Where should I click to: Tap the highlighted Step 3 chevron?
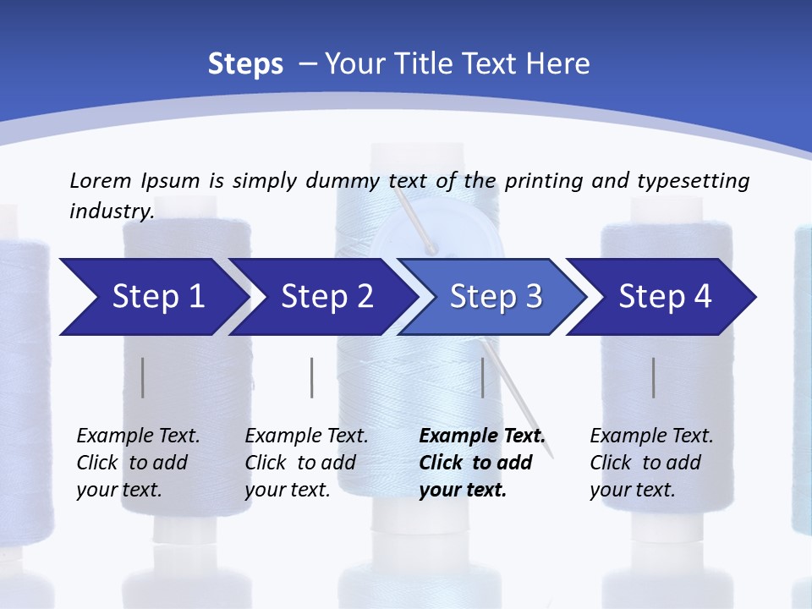496,297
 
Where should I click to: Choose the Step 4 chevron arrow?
665,297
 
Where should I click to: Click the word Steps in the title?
245,63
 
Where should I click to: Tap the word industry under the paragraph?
110,211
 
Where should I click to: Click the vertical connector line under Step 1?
142,377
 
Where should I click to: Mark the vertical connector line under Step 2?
312,377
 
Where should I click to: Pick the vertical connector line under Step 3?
483,377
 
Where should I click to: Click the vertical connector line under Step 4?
654,377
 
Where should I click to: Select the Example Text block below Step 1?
138,463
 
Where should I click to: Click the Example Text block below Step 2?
306,463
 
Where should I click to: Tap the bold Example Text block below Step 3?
481,463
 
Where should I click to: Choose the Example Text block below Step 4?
651,463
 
